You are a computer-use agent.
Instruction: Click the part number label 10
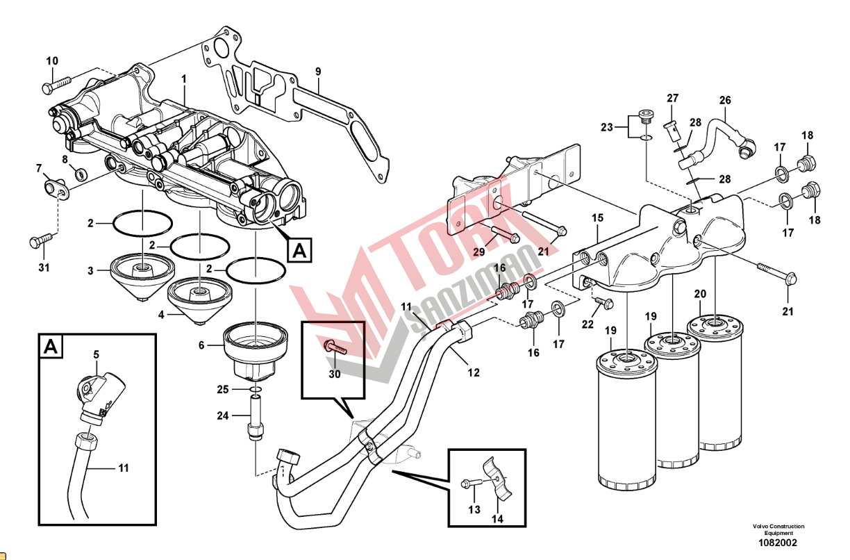(52, 61)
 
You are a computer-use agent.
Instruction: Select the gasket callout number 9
(318, 72)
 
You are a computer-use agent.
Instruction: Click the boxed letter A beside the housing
(300, 249)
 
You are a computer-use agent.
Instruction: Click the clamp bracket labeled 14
(501, 479)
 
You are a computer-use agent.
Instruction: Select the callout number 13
(474, 510)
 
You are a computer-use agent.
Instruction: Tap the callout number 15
(597, 217)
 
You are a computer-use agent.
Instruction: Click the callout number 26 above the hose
(725, 101)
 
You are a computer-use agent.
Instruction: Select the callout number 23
(607, 127)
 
